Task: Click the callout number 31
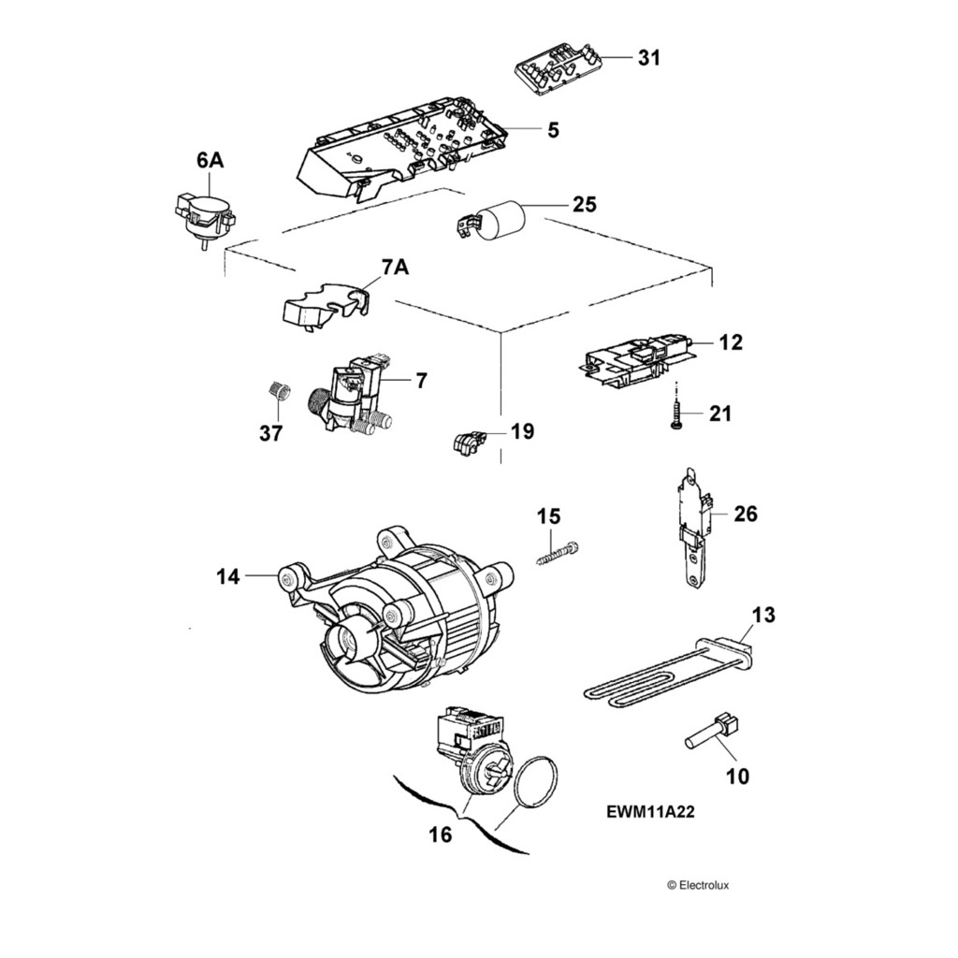coord(648,58)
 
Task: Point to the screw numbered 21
coord(675,413)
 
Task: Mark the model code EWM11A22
coord(650,813)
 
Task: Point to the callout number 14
coord(229,577)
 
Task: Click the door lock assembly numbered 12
coord(636,359)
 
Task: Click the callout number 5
coord(554,130)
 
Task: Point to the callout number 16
coord(440,834)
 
